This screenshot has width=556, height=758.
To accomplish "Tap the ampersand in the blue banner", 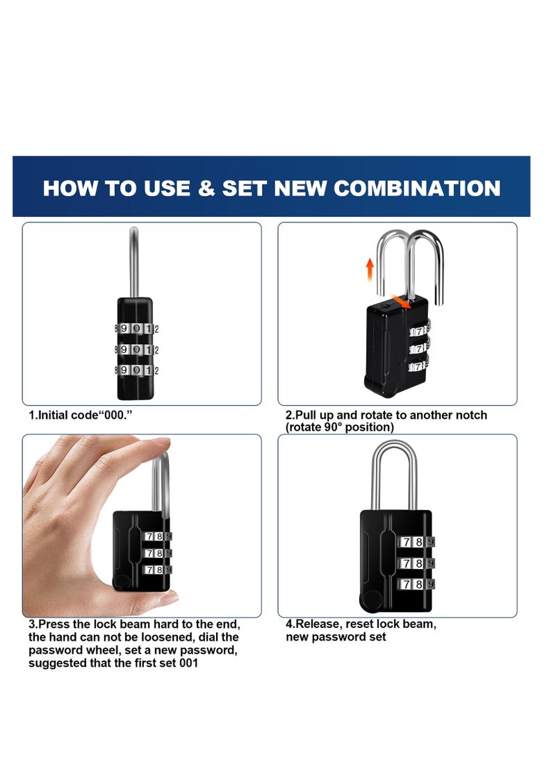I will [x=206, y=188].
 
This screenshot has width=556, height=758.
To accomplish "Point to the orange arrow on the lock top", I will [x=399, y=301].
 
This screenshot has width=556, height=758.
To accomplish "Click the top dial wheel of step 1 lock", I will [x=136, y=328].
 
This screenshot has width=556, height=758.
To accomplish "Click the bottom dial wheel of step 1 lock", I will [x=136, y=370].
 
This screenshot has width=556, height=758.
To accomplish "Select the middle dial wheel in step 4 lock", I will [x=416, y=563].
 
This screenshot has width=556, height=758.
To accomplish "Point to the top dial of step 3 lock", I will [x=156, y=536].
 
